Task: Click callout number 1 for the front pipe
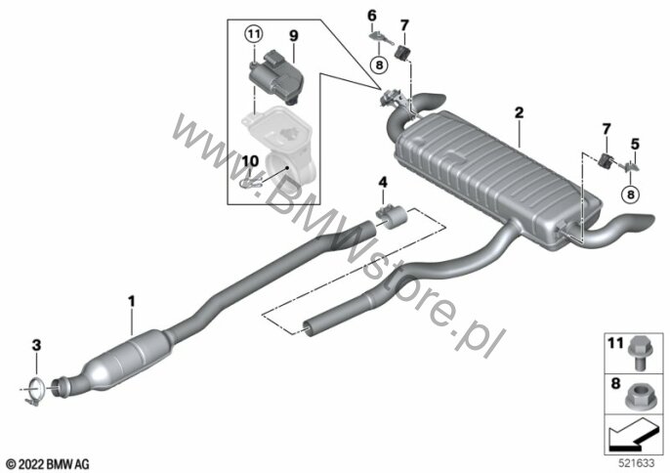tap(132, 301)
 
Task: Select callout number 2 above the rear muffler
tap(519, 113)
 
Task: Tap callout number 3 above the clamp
tap(36, 345)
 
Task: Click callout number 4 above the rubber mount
tap(383, 183)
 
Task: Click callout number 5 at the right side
tap(635, 144)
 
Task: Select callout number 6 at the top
tap(372, 16)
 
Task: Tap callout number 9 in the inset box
tap(294, 35)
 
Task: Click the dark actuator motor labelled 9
tap(275, 77)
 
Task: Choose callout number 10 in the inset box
tap(250, 161)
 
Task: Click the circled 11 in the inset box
tap(254, 34)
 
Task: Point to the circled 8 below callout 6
tap(379, 65)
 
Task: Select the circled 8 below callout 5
tap(631, 194)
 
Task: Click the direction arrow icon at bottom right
tap(634, 435)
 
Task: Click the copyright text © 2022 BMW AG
tap(48, 464)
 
